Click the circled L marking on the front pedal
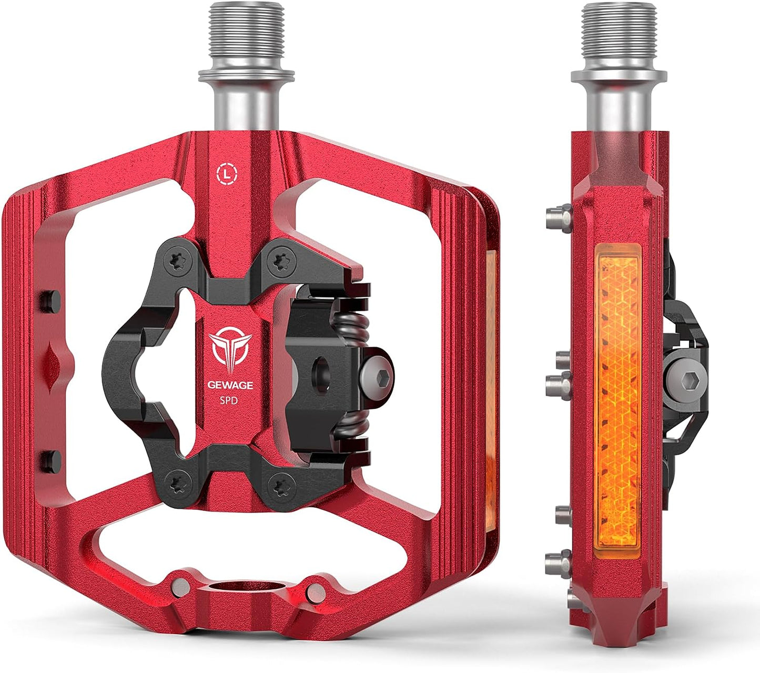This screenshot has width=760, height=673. coord(227,174)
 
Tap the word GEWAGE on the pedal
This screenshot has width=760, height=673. coord(230,385)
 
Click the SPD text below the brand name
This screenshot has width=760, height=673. coord(229,400)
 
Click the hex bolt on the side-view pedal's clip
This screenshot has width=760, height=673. coord(690,383)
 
